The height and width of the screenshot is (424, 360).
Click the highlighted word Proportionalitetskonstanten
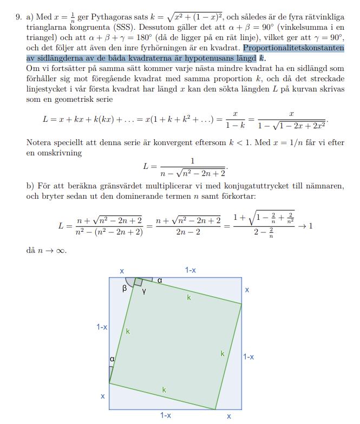pos(293,48)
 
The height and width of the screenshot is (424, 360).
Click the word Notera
pos(39,142)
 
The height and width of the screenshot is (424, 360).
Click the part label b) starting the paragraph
pos(30,186)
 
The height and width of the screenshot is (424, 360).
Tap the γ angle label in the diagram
pos(144,292)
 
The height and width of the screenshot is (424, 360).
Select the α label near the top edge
pos(160,280)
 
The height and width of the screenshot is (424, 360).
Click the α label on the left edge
pos(112,358)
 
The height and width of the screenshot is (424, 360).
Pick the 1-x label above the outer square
pos(190,270)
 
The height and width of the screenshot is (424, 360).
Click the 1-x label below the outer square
pos(166,415)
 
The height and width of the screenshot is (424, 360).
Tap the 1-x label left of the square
pos(101,327)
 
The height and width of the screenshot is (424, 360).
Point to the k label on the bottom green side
pos(164,389)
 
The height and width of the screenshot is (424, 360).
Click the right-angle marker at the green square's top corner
pos(138,282)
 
